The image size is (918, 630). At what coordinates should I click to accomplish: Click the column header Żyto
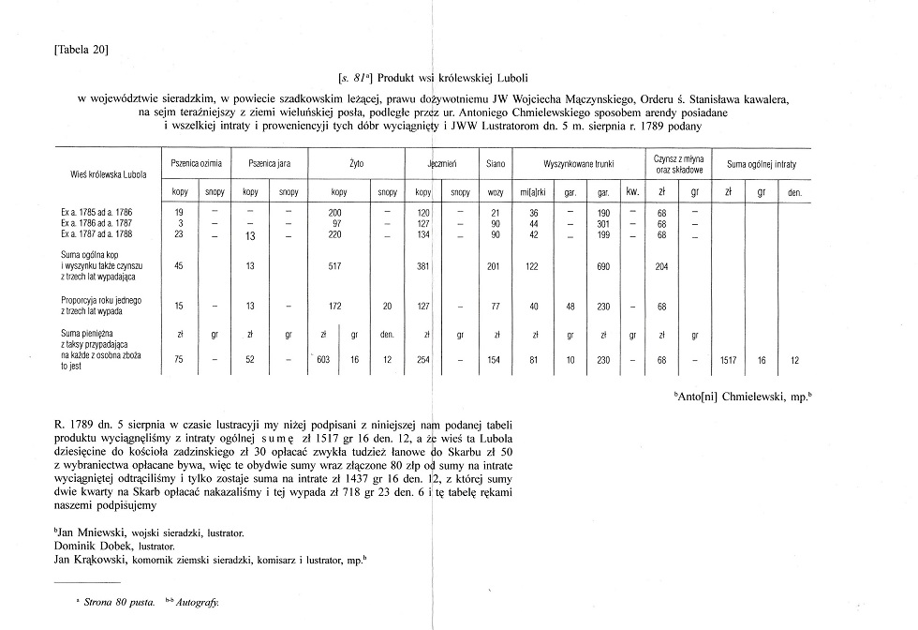(356, 163)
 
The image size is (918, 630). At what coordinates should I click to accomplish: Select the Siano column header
(496, 163)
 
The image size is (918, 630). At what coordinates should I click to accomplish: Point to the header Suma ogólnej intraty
(762, 163)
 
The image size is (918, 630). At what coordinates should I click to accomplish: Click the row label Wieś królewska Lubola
(102, 173)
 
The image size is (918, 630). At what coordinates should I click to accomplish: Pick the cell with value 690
(603, 266)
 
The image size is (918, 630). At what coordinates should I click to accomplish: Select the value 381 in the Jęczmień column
(423, 266)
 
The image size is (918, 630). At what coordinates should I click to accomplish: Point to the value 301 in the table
(603, 223)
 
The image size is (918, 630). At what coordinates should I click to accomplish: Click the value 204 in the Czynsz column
(663, 266)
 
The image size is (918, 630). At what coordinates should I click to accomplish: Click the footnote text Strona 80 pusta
(122, 604)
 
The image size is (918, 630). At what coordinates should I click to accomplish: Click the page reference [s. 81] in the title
(356, 79)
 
